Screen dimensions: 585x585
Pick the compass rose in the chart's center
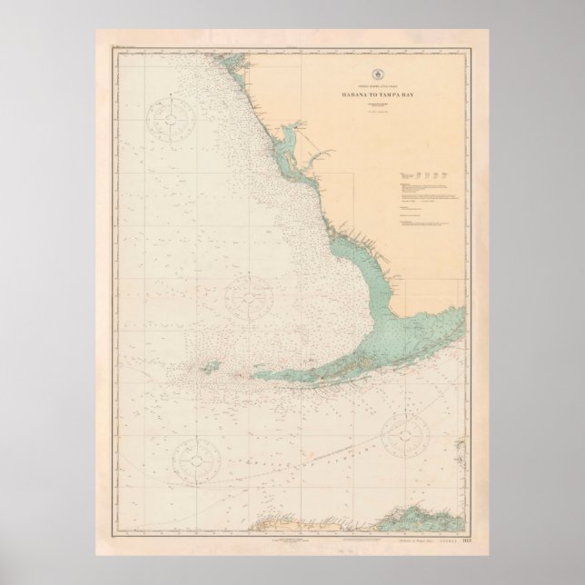(248, 294)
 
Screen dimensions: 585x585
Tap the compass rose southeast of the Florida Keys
(405, 434)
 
